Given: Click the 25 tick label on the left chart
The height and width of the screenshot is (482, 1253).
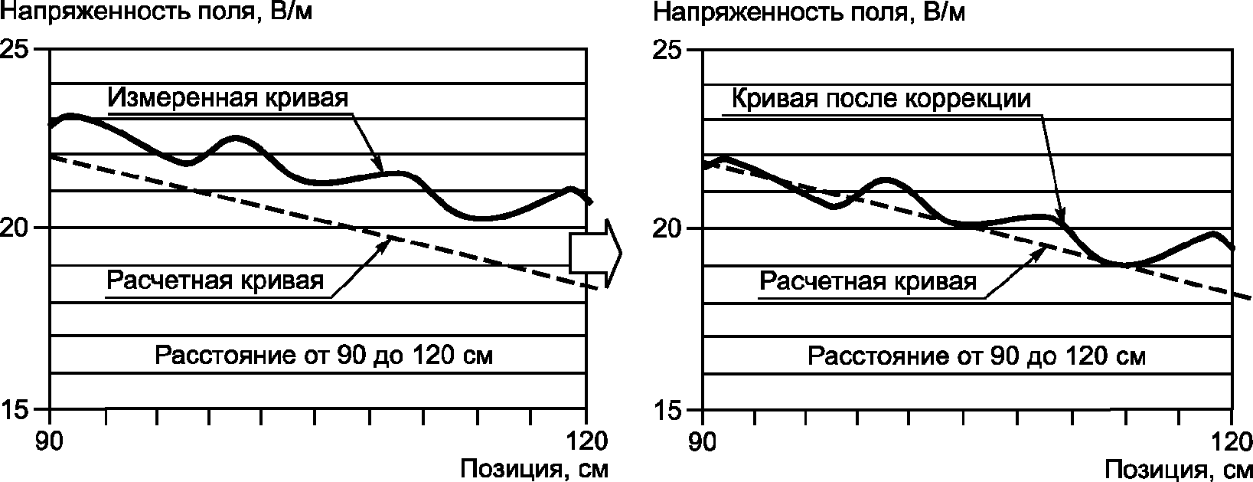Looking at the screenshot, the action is [15, 50].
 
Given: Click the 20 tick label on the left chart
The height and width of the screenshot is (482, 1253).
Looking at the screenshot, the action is [15, 228].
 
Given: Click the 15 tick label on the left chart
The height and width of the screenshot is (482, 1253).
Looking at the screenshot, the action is [15, 409].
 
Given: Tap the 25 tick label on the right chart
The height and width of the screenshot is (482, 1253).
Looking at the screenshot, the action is [667, 50].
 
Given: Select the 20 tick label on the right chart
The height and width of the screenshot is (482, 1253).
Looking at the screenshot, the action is [667, 228].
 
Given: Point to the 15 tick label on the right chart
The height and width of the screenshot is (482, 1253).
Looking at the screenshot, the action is [667, 410].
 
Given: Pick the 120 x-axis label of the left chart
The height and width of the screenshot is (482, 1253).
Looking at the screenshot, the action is [586, 441].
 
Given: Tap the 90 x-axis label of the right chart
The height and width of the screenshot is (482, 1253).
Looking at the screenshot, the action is [702, 441].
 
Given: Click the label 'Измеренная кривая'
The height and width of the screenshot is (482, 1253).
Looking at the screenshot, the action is [227, 98].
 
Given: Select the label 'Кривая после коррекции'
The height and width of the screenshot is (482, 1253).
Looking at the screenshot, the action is [881, 99].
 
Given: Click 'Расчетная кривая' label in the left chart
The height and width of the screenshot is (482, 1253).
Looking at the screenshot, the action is [215, 280].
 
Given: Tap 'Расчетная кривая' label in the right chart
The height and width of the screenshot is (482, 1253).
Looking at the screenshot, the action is [867, 281].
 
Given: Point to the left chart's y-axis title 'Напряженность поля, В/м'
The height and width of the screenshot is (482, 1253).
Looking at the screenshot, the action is [156, 12].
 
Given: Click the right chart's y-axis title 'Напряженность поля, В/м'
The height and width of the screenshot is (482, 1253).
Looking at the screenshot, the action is [809, 12].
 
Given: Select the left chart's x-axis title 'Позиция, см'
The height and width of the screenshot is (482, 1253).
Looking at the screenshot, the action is [534, 469].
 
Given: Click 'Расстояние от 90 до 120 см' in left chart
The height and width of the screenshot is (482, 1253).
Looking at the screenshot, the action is [324, 355].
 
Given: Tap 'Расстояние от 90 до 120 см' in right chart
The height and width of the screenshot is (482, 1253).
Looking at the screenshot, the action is [977, 356].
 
